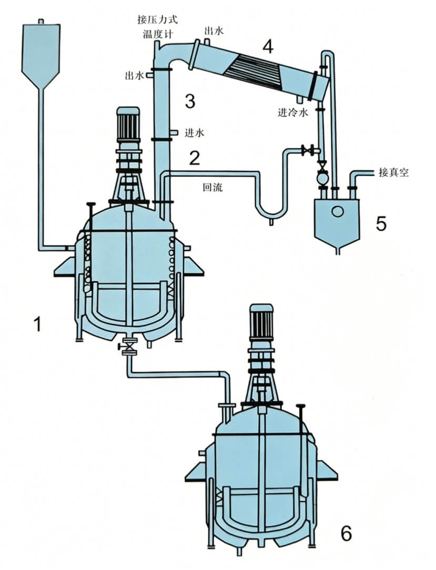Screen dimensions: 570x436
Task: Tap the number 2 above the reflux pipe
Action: [x=195, y=158]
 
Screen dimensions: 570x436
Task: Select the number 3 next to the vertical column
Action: [x=190, y=100]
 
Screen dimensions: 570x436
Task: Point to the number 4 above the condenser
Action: [x=268, y=47]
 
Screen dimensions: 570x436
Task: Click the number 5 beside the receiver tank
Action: [x=381, y=223]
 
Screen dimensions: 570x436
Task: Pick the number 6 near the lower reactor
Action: [x=346, y=533]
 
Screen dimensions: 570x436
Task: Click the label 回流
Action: [x=212, y=186]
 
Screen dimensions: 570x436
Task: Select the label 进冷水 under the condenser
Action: [x=296, y=112]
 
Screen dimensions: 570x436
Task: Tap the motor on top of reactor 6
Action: [x=262, y=321]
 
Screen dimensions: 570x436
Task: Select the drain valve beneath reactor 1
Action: [x=128, y=348]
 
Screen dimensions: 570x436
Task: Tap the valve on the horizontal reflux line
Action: [x=308, y=151]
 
